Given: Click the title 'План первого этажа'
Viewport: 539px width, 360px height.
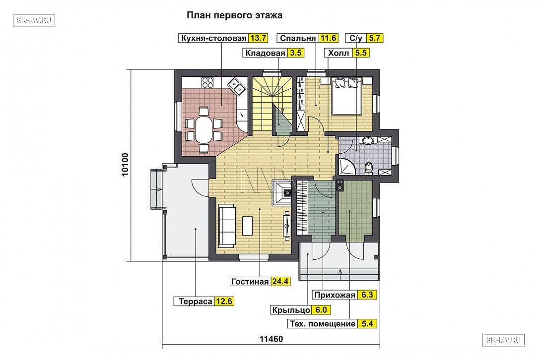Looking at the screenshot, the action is click(x=234, y=15).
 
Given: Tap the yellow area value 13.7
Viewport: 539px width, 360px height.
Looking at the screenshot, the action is click(x=258, y=38).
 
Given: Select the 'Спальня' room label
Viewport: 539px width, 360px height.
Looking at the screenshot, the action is click(x=298, y=38).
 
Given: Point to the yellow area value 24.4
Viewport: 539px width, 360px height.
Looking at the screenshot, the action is click(x=280, y=282).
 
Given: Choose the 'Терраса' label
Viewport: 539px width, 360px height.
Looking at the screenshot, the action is click(x=195, y=301).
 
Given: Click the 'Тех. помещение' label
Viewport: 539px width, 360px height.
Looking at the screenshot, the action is click(x=323, y=324).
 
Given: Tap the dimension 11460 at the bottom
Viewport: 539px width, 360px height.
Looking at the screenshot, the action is click(x=271, y=339).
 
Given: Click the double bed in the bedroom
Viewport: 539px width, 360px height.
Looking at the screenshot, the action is click(x=346, y=96).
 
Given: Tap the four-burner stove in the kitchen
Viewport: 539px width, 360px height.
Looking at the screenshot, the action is click(x=207, y=83).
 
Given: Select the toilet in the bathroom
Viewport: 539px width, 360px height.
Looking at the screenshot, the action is click(x=369, y=168).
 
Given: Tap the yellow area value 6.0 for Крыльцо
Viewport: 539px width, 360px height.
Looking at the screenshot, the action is click(x=321, y=310).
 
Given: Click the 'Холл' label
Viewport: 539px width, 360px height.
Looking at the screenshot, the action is click(x=338, y=53).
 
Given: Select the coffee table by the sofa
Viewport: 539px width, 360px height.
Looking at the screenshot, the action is click(x=248, y=225).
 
